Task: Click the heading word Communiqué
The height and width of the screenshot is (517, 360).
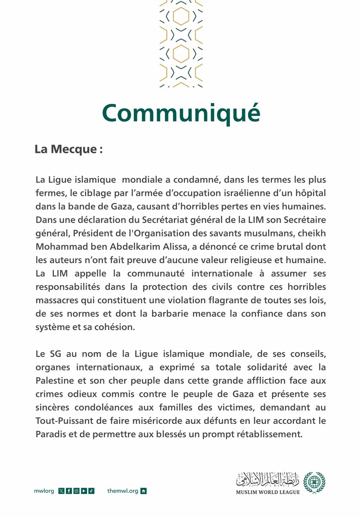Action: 181,113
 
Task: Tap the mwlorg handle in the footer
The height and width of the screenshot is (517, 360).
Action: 44,491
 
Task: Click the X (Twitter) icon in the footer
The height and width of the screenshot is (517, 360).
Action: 61,491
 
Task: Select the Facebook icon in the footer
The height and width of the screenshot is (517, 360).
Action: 68,491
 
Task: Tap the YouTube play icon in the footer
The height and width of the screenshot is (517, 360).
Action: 84,491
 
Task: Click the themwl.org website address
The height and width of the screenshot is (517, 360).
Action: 123,491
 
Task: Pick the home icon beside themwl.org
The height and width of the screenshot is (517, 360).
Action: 144,491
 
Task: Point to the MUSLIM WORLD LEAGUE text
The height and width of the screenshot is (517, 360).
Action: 267,492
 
